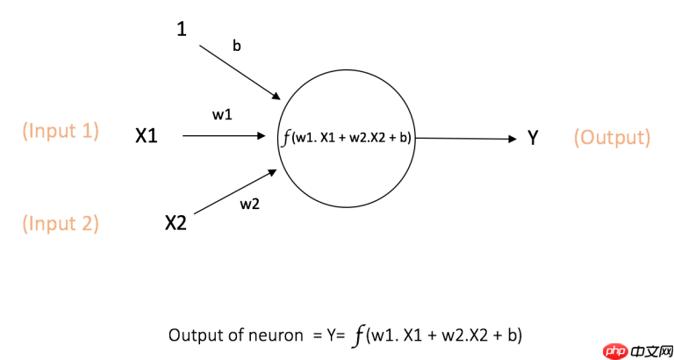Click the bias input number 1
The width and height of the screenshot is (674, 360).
click(183, 29)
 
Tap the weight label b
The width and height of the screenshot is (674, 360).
click(237, 44)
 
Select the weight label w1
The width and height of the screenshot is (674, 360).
click(222, 114)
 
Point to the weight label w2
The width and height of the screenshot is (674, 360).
click(249, 205)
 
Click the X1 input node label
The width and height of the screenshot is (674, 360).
click(147, 136)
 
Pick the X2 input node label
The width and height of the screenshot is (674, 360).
click(176, 223)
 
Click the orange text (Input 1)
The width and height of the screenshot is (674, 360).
click(61, 132)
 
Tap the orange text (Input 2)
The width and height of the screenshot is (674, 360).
click(61, 223)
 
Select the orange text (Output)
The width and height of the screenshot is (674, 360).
click(612, 138)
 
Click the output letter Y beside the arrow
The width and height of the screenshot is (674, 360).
click(533, 138)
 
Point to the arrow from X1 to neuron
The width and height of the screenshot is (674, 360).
click(224, 136)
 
